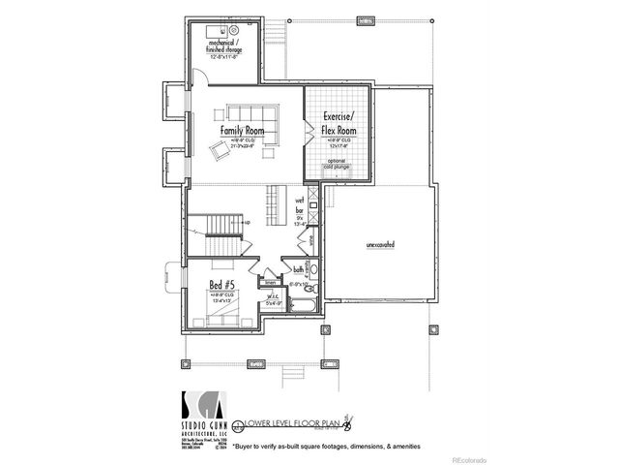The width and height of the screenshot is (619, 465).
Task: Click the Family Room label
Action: (242, 130)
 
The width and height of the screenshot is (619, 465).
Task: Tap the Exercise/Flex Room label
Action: (339, 124)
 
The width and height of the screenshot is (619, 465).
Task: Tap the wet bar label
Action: (300, 204)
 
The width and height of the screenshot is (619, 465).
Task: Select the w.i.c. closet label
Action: (273, 297)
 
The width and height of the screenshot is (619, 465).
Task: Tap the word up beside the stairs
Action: (249, 223)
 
